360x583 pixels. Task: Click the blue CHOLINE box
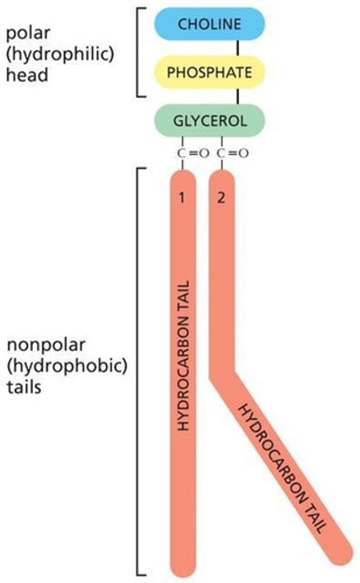pos(209,24)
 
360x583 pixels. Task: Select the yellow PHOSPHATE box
pos(209,72)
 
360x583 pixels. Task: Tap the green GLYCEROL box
pos(209,120)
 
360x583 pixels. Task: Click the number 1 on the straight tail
pos(182,198)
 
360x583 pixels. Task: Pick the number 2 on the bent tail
pos(222,198)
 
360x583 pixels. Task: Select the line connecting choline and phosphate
pos(238,48)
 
